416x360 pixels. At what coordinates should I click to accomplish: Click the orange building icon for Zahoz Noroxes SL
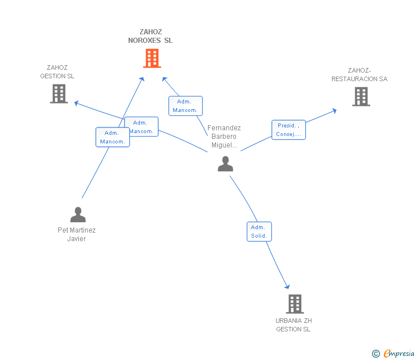tap(151, 58)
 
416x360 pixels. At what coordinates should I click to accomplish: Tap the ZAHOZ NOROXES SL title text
tap(150, 37)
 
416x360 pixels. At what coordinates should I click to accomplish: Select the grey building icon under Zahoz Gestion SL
tap(59, 94)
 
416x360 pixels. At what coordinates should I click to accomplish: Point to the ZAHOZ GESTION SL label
tap(57, 72)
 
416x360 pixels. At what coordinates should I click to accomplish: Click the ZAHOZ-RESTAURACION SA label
tap(359, 75)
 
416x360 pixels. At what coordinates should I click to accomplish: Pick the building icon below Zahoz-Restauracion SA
tap(361, 97)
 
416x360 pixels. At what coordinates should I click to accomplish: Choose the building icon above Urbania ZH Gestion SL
tap(294, 304)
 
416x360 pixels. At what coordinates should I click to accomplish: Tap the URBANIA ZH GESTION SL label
tap(294, 325)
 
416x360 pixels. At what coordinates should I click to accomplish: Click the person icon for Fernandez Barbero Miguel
tap(226, 164)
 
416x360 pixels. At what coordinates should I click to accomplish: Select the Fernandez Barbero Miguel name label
tap(224, 137)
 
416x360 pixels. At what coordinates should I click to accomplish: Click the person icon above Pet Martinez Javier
tap(78, 215)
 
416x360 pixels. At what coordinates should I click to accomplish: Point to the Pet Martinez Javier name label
tap(77, 234)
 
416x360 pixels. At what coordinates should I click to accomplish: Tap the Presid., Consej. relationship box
tap(289, 130)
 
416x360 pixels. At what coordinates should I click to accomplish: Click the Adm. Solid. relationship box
tap(259, 231)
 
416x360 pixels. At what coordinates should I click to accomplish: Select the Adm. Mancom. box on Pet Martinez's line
tap(112, 137)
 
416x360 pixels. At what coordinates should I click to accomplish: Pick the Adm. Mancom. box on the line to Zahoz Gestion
tap(142, 127)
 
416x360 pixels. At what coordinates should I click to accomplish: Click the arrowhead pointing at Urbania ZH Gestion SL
tap(287, 287)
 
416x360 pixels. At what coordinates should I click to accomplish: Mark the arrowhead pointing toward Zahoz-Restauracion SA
tap(335, 110)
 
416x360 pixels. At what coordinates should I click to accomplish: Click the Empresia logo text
tap(399, 354)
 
